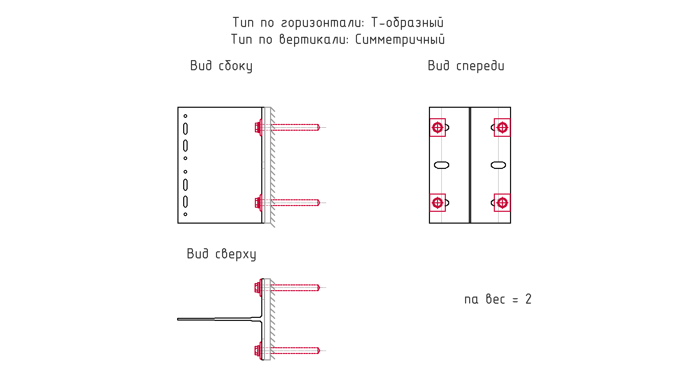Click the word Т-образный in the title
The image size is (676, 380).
(x=407, y=23)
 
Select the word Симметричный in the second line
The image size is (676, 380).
(x=400, y=40)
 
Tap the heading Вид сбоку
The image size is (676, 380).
(x=221, y=66)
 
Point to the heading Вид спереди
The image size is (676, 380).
(x=466, y=66)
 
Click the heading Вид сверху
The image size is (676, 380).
(x=221, y=254)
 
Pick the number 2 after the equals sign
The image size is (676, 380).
(x=528, y=299)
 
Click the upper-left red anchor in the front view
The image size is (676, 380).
(x=438, y=128)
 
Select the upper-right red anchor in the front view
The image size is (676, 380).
(x=502, y=128)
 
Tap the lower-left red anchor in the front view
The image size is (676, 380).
(x=438, y=203)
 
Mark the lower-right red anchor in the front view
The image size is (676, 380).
(x=502, y=203)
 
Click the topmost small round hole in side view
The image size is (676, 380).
(x=185, y=116)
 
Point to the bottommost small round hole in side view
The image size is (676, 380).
(x=185, y=214)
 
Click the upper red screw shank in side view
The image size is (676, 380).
(x=295, y=127)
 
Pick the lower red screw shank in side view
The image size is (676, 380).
(x=295, y=203)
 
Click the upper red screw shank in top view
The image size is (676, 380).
(x=295, y=287)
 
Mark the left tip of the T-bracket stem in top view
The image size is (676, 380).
(x=178, y=319)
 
